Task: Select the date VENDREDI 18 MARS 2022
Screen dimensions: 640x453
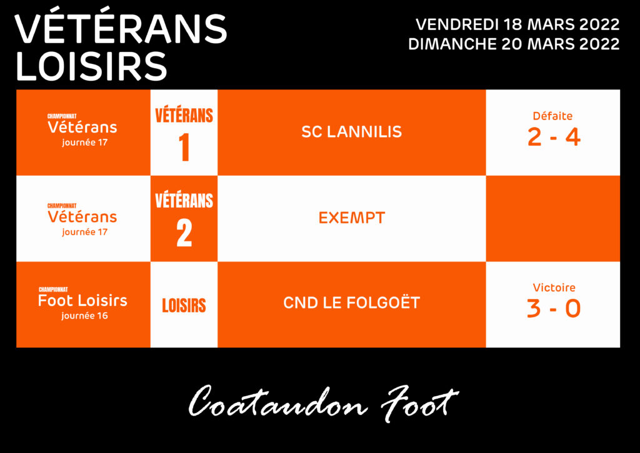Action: (x=517, y=24)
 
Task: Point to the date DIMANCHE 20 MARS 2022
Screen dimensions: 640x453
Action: (x=514, y=44)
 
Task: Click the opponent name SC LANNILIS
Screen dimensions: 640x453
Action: (x=351, y=132)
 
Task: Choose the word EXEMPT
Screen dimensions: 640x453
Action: (x=351, y=218)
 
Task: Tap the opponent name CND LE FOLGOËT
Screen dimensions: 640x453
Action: (x=351, y=303)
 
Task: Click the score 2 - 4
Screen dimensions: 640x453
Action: (x=554, y=137)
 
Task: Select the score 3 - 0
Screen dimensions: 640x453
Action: (x=554, y=308)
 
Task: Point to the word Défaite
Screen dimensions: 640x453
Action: (x=552, y=116)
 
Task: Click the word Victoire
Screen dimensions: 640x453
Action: (x=554, y=288)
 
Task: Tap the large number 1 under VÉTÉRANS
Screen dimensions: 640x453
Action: (x=184, y=148)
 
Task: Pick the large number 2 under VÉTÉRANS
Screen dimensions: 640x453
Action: (x=184, y=233)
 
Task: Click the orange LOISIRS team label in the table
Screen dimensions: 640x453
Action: (x=184, y=305)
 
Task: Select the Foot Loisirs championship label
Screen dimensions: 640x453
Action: (x=83, y=300)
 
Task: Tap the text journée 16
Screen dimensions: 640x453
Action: (x=85, y=316)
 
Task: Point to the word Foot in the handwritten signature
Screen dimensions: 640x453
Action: (x=421, y=403)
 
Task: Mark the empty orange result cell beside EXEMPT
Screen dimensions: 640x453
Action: (x=553, y=218)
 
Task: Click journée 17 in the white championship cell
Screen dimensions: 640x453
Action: (x=85, y=232)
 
